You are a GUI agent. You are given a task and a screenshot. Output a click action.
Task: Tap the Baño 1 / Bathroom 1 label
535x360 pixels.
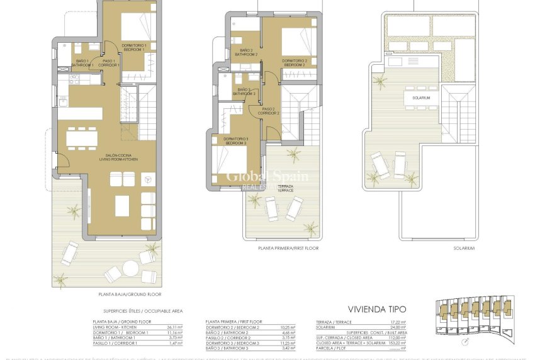(x=82, y=63)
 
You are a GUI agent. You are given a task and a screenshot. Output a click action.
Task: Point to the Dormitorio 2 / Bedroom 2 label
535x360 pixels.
(x=294, y=63)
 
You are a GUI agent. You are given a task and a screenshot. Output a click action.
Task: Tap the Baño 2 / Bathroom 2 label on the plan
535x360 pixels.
(x=246, y=52)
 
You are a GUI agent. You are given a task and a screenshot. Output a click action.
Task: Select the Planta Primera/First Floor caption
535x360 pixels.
(x=288, y=249)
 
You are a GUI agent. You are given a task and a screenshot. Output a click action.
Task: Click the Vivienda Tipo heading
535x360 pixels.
(x=377, y=309)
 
